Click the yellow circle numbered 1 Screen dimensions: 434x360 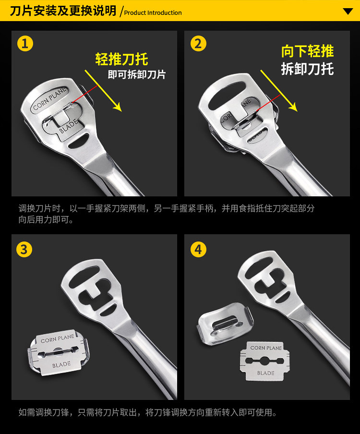tap(25, 44)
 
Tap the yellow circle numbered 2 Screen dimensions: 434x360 tap(198, 44)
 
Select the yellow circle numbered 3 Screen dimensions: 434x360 tap(24, 249)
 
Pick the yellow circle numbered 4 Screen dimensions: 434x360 tap(198, 249)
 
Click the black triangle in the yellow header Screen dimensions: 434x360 tap(348, 11)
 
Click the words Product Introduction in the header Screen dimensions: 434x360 tap(153, 13)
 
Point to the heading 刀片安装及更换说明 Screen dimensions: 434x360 tap(63, 11)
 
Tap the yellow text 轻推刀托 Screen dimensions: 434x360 tap(121, 60)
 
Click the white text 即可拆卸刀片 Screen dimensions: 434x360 tap(136, 75)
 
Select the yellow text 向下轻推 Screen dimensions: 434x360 tap(307, 52)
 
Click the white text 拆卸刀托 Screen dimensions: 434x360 tap(307, 69)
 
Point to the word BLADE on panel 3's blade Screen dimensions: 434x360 tap(61, 365)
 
